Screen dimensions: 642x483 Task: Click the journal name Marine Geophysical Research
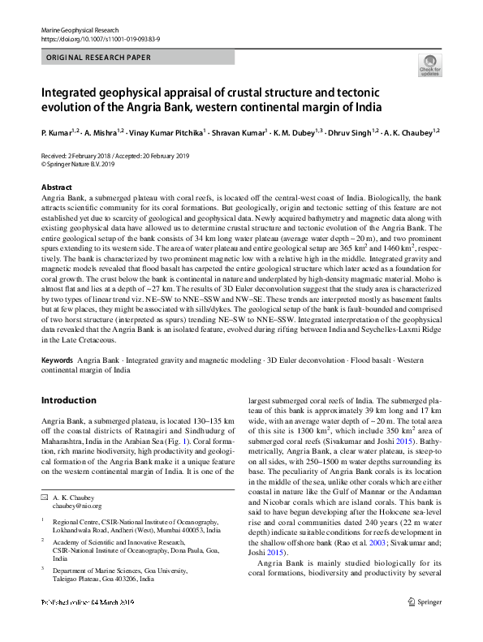[80, 29]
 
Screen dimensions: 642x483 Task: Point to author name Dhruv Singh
[350, 131]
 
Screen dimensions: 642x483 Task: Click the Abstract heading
[56, 187]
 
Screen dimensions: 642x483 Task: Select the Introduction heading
[68, 400]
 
